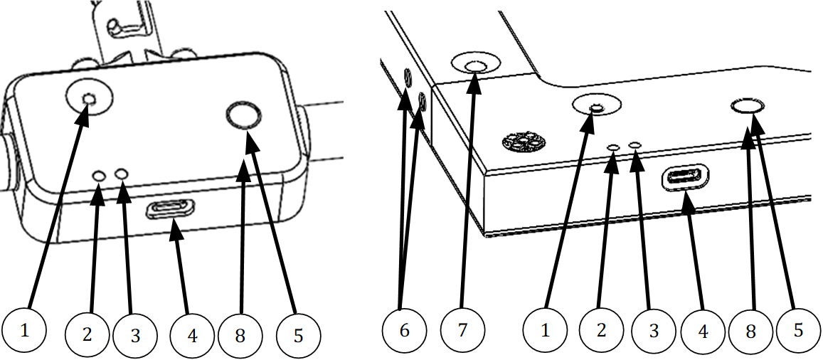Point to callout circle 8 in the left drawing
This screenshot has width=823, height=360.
(240, 334)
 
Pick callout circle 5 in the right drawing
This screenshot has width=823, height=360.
(797, 331)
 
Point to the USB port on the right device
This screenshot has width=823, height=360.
(686, 178)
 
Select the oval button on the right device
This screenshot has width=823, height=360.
(748, 107)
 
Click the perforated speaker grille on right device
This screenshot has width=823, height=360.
(523, 142)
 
